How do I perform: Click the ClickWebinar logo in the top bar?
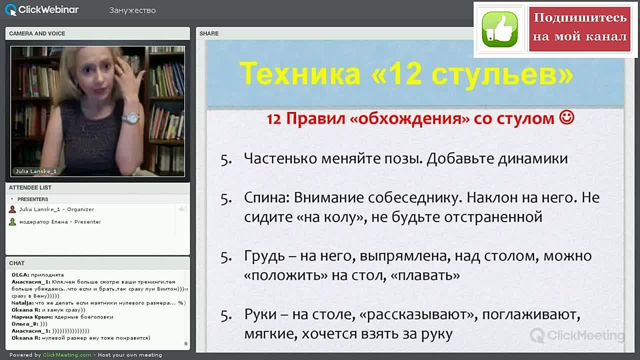42,9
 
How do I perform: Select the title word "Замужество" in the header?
132,10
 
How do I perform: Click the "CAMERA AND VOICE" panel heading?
37,33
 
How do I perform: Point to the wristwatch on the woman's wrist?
131,117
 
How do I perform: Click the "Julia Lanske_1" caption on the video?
35,171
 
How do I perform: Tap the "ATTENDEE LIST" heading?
30,187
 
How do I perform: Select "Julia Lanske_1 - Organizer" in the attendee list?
56,209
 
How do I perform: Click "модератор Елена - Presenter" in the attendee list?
60,222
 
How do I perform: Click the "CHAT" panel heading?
16,263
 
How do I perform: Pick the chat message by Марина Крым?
62,317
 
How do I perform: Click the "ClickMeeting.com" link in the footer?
67,355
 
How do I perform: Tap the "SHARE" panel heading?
209,33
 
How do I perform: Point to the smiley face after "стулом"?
567,118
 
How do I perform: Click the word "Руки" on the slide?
260,315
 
